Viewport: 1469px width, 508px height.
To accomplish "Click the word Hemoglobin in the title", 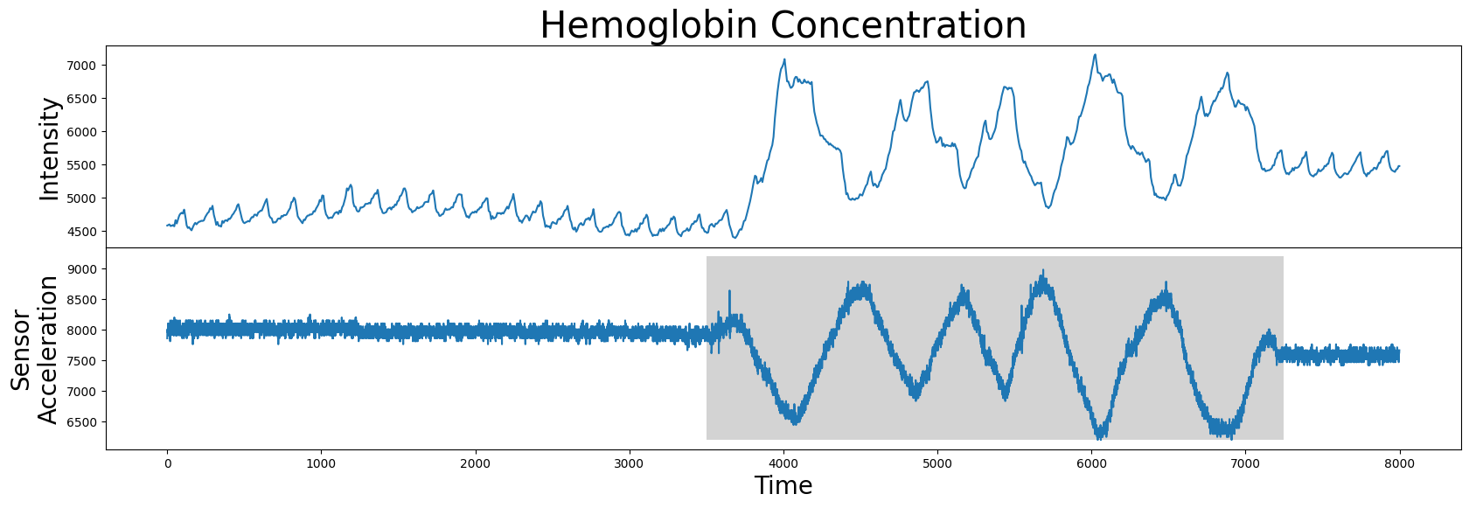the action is [651, 26].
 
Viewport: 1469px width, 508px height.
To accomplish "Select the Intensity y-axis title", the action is [49, 149].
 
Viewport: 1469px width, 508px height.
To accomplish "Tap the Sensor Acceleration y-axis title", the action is [34, 351].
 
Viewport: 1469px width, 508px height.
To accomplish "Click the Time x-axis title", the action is [783, 486].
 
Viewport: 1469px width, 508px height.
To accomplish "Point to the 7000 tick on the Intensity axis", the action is [80, 66].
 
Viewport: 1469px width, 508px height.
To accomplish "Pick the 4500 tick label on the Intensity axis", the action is [80, 232].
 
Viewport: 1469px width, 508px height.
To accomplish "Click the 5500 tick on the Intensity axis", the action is [80, 165].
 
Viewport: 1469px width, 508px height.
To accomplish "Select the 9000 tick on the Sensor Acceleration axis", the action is [80, 269].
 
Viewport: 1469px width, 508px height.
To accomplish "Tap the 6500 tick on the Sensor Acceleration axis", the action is [80, 422].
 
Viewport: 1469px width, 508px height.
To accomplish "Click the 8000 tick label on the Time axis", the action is [1399, 464].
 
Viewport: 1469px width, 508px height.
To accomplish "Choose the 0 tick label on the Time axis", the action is [167, 464].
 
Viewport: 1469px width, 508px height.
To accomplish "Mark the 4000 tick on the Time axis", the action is [783, 464].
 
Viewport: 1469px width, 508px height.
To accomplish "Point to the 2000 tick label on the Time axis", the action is [476, 464].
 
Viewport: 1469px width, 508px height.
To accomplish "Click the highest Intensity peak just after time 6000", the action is [1095, 55].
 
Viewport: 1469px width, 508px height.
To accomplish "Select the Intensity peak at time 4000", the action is [783, 59].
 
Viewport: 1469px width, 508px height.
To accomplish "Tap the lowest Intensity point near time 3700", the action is [735, 237].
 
